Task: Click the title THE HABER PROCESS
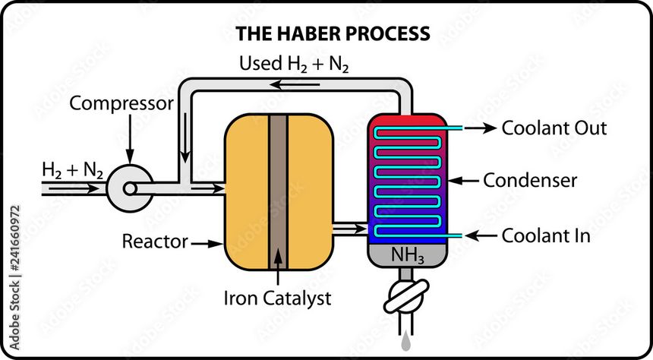[x=333, y=33]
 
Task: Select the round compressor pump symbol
[x=125, y=185]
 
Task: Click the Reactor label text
[x=155, y=242]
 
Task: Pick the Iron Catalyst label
[x=277, y=298]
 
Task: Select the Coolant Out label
[x=554, y=128]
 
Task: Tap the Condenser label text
[x=541, y=181]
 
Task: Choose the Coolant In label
[x=546, y=236]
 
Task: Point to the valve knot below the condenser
[x=407, y=296]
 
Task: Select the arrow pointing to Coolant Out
[x=480, y=128]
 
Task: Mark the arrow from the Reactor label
[x=205, y=243]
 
